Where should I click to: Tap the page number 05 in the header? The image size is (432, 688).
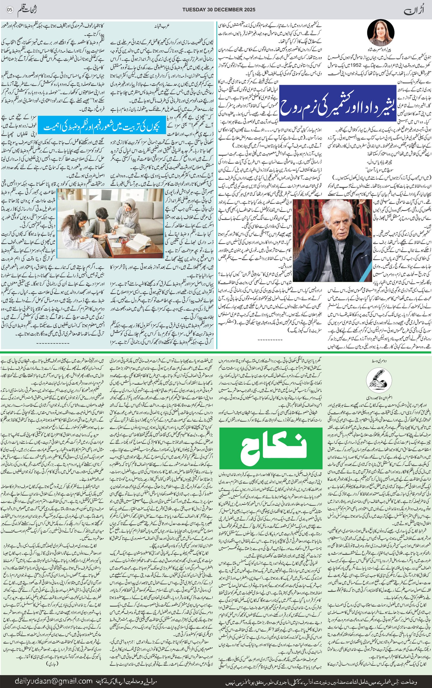pyautogui.click(x=10, y=9)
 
